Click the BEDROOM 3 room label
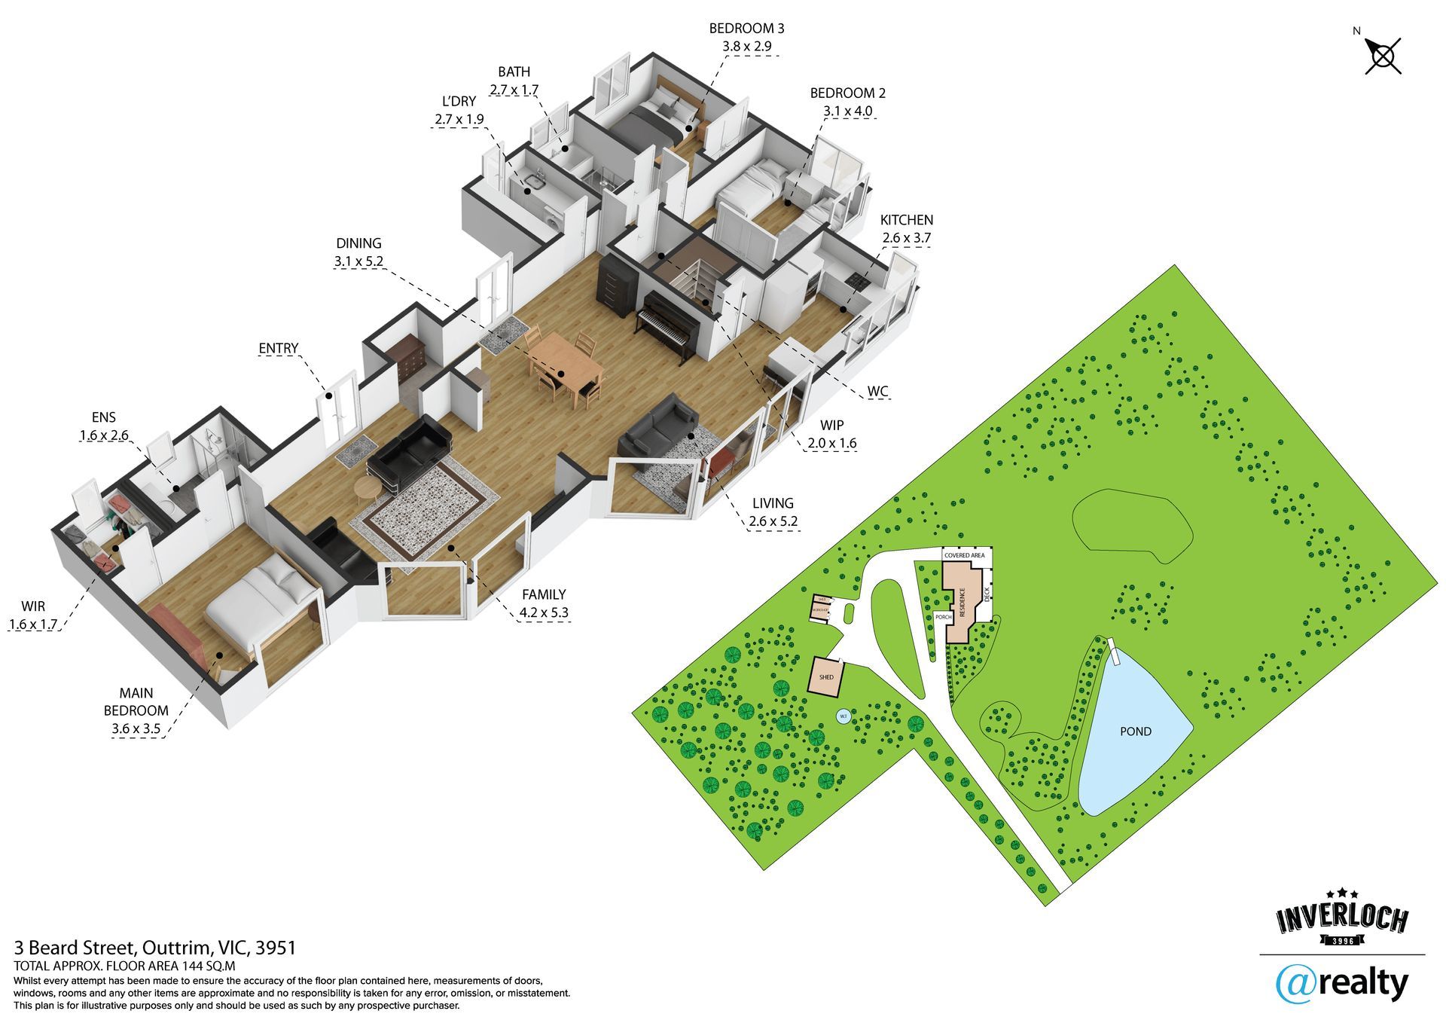click(746, 29)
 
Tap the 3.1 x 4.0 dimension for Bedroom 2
click(847, 111)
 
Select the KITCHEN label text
click(906, 220)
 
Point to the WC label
click(877, 392)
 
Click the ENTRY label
click(278, 348)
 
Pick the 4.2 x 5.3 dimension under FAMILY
click(543, 613)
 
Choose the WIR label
click(33, 606)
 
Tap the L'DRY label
click(459, 101)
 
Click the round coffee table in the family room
click(368, 488)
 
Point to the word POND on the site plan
click(1135, 731)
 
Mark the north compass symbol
click(1383, 56)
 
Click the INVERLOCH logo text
click(1341, 919)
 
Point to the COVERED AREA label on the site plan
click(964, 555)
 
